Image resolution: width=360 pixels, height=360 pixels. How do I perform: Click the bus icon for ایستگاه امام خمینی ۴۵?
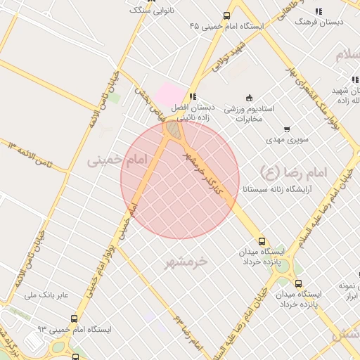pyautogui.click(x=226, y=15)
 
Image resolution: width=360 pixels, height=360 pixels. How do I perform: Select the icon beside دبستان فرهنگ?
pyautogui.click(x=319, y=11)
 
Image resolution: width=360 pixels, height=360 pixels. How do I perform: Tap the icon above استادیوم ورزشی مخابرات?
pyautogui.click(x=248, y=97)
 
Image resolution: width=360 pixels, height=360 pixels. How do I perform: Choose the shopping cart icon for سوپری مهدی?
pyautogui.click(x=286, y=129)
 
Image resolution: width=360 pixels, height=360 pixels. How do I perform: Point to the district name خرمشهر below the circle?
pyautogui.click(x=186, y=262)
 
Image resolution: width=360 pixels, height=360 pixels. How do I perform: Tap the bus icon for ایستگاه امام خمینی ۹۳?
pyautogui.click(x=77, y=328)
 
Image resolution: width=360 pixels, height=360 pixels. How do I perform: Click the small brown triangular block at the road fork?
pyautogui.click(x=172, y=131)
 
